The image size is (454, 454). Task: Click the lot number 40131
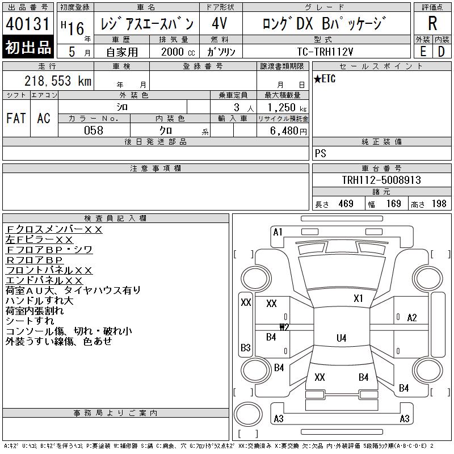(x=27, y=24)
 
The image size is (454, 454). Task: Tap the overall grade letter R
(x=432, y=23)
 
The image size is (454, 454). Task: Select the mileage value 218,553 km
(x=58, y=81)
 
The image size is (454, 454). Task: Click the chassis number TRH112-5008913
(x=381, y=180)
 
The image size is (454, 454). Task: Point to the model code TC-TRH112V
(x=325, y=52)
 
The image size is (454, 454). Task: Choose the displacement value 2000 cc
(x=178, y=52)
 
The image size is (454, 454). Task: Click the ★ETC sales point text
(x=325, y=79)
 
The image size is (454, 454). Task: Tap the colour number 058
(x=94, y=131)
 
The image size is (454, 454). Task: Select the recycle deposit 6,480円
(x=288, y=131)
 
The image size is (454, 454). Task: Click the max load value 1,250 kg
(x=287, y=107)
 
